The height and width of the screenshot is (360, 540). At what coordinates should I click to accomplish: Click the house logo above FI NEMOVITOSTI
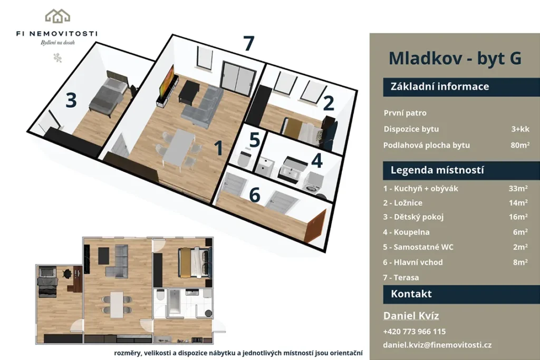tap(57, 16)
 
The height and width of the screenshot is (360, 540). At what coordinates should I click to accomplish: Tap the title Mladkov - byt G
tap(455, 58)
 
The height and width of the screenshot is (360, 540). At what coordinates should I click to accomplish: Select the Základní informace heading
tap(440, 86)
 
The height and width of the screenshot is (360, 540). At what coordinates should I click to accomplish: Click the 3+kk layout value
tap(520, 129)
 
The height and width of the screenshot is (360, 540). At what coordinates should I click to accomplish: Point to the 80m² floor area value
tap(520, 145)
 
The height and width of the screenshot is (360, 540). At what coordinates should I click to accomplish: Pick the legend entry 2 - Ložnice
tap(402, 203)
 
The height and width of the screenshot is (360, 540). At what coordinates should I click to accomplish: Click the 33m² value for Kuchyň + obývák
tap(518, 188)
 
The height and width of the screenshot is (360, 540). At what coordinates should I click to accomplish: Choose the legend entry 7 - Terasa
tap(401, 277)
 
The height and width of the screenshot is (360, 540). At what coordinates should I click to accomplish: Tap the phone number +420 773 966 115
tap(414, 332)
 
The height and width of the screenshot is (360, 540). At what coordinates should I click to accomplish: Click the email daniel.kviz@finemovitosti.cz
tap(437, 345)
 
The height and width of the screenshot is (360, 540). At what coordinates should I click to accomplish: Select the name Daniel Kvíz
tap(411, 316)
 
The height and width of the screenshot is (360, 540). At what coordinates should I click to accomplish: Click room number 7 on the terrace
tap(249, 44)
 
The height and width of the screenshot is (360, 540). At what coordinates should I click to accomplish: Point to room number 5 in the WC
tap(254, 140)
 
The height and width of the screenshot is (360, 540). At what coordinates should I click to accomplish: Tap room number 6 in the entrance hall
tap(255, 195)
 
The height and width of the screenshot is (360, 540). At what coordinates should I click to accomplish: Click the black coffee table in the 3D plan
tap(187, 92)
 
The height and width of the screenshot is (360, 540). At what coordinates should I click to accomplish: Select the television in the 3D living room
tap(166, 81)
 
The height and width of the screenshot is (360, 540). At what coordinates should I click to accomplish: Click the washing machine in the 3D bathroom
tap(315, 182)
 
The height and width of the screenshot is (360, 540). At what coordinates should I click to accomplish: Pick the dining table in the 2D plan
tap(117, 305)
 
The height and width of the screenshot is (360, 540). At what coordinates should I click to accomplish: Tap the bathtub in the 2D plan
tap(174, 301)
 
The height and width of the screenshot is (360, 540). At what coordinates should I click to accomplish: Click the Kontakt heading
tap(411, 294)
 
